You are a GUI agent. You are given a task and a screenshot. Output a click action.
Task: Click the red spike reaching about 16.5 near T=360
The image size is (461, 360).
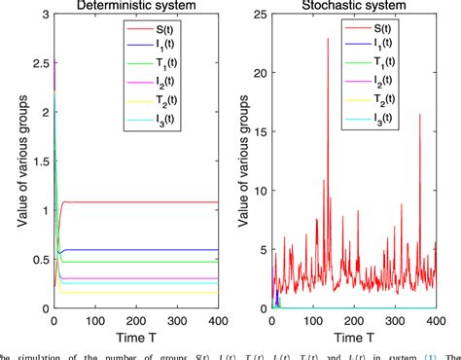tap(420, 116)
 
